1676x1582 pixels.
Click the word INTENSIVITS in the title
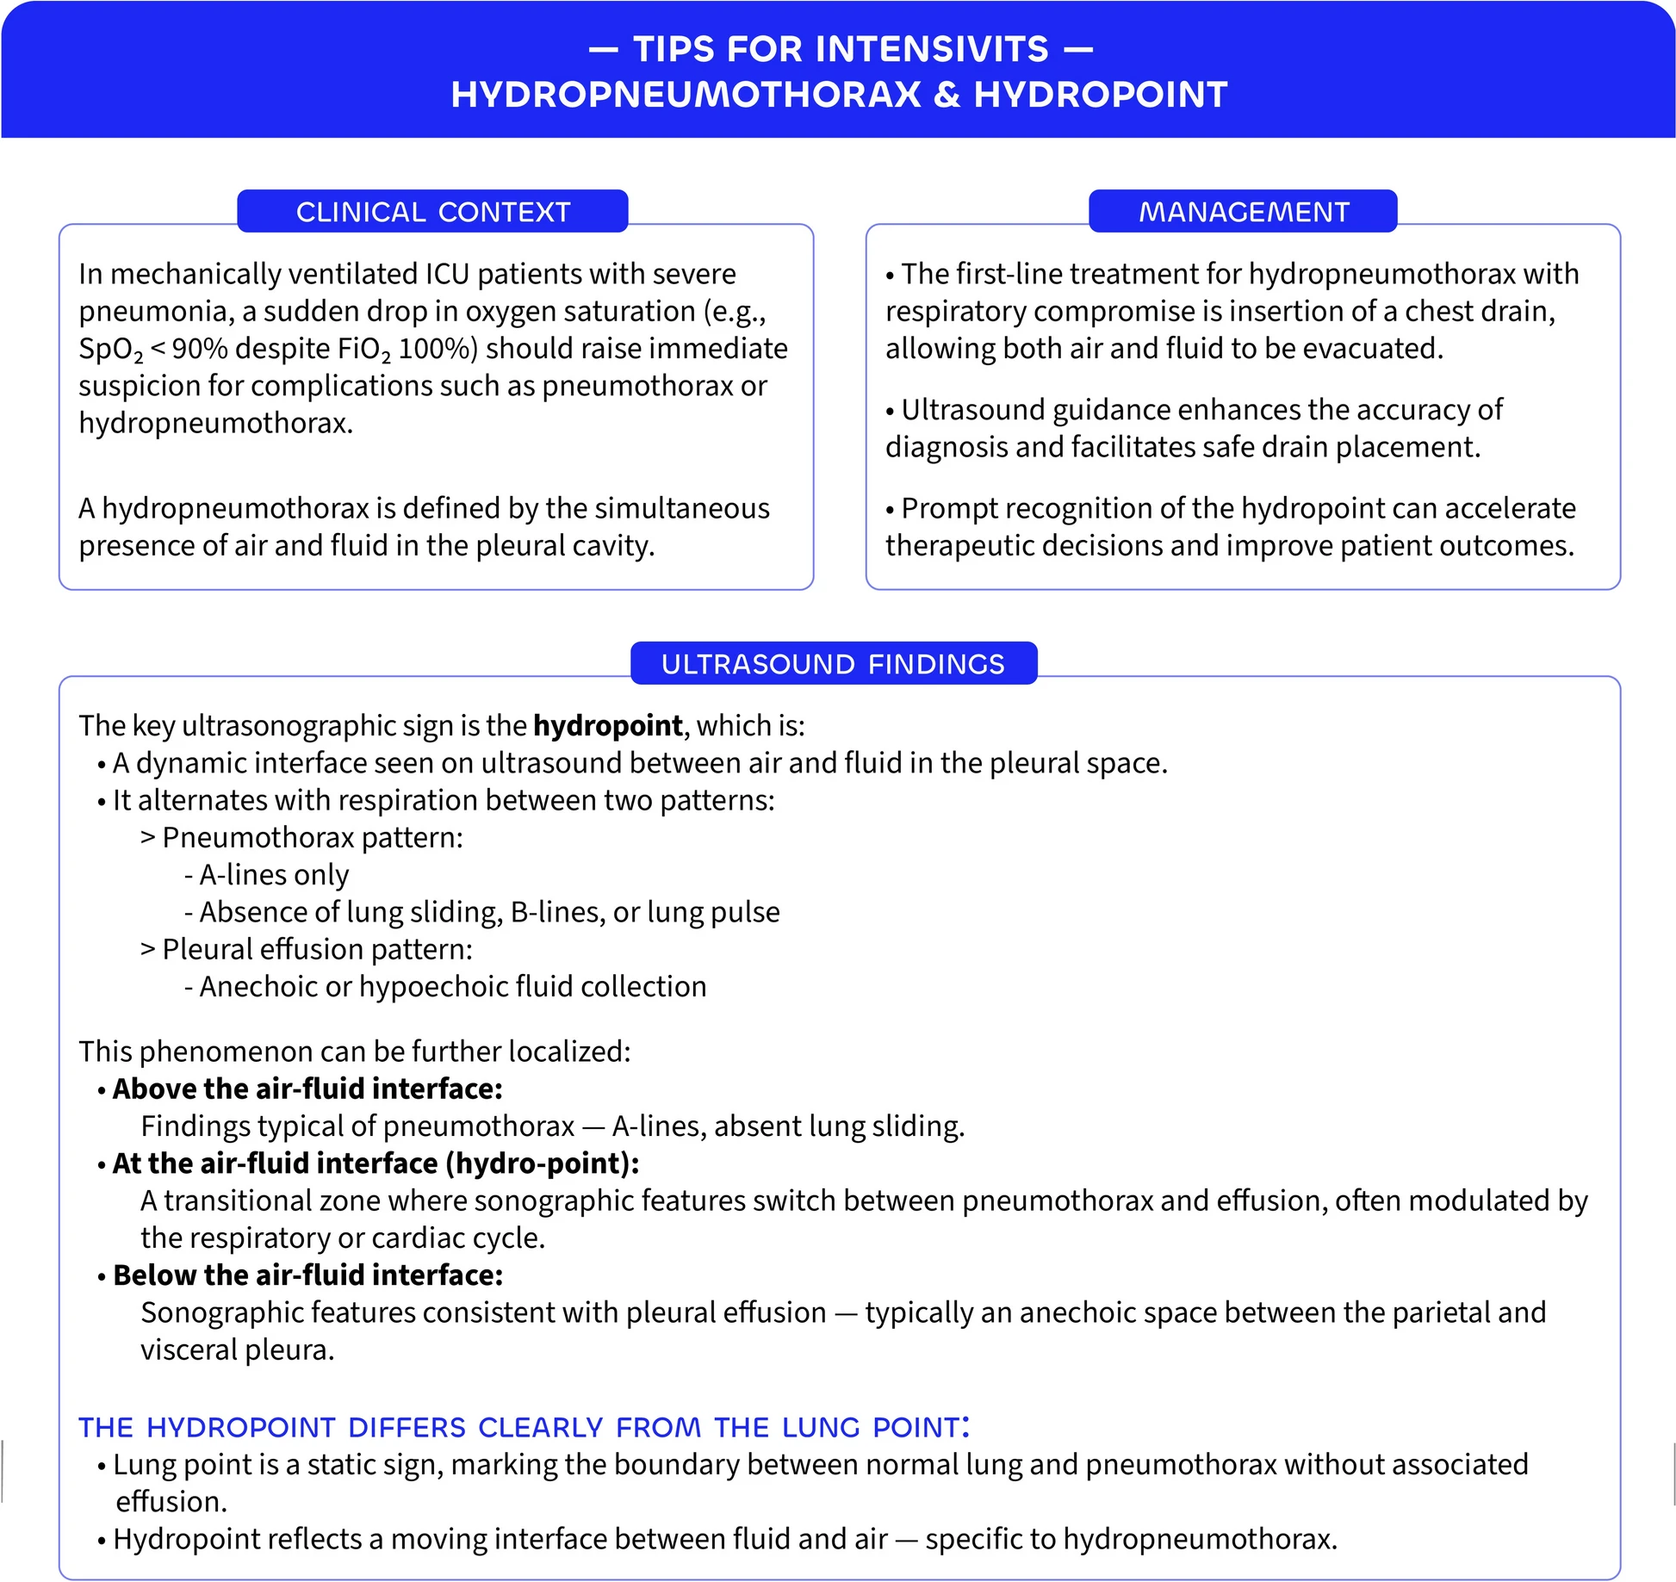click(x=931, y=49)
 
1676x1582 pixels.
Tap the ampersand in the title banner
click(x=947, y=95)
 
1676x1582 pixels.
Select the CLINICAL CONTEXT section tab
click(x=432, y=212)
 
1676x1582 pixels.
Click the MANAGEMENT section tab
click(x=1243, y=212)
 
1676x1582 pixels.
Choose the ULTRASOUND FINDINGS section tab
click(x=833, y=664)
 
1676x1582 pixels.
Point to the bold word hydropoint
click(x=607, y=726)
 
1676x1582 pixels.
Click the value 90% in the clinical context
click(x=200, y=349)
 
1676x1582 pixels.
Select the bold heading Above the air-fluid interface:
click(x=307, y=1089)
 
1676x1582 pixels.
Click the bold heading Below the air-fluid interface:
click(x=307, y=1275)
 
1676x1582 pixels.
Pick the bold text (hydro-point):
click(x=542, y=1163)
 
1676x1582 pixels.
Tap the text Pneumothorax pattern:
click(x=312, y=838)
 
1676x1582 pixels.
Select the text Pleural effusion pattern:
click(x=317, y=949)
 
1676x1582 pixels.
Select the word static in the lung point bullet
click(x=348, y=1465)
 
